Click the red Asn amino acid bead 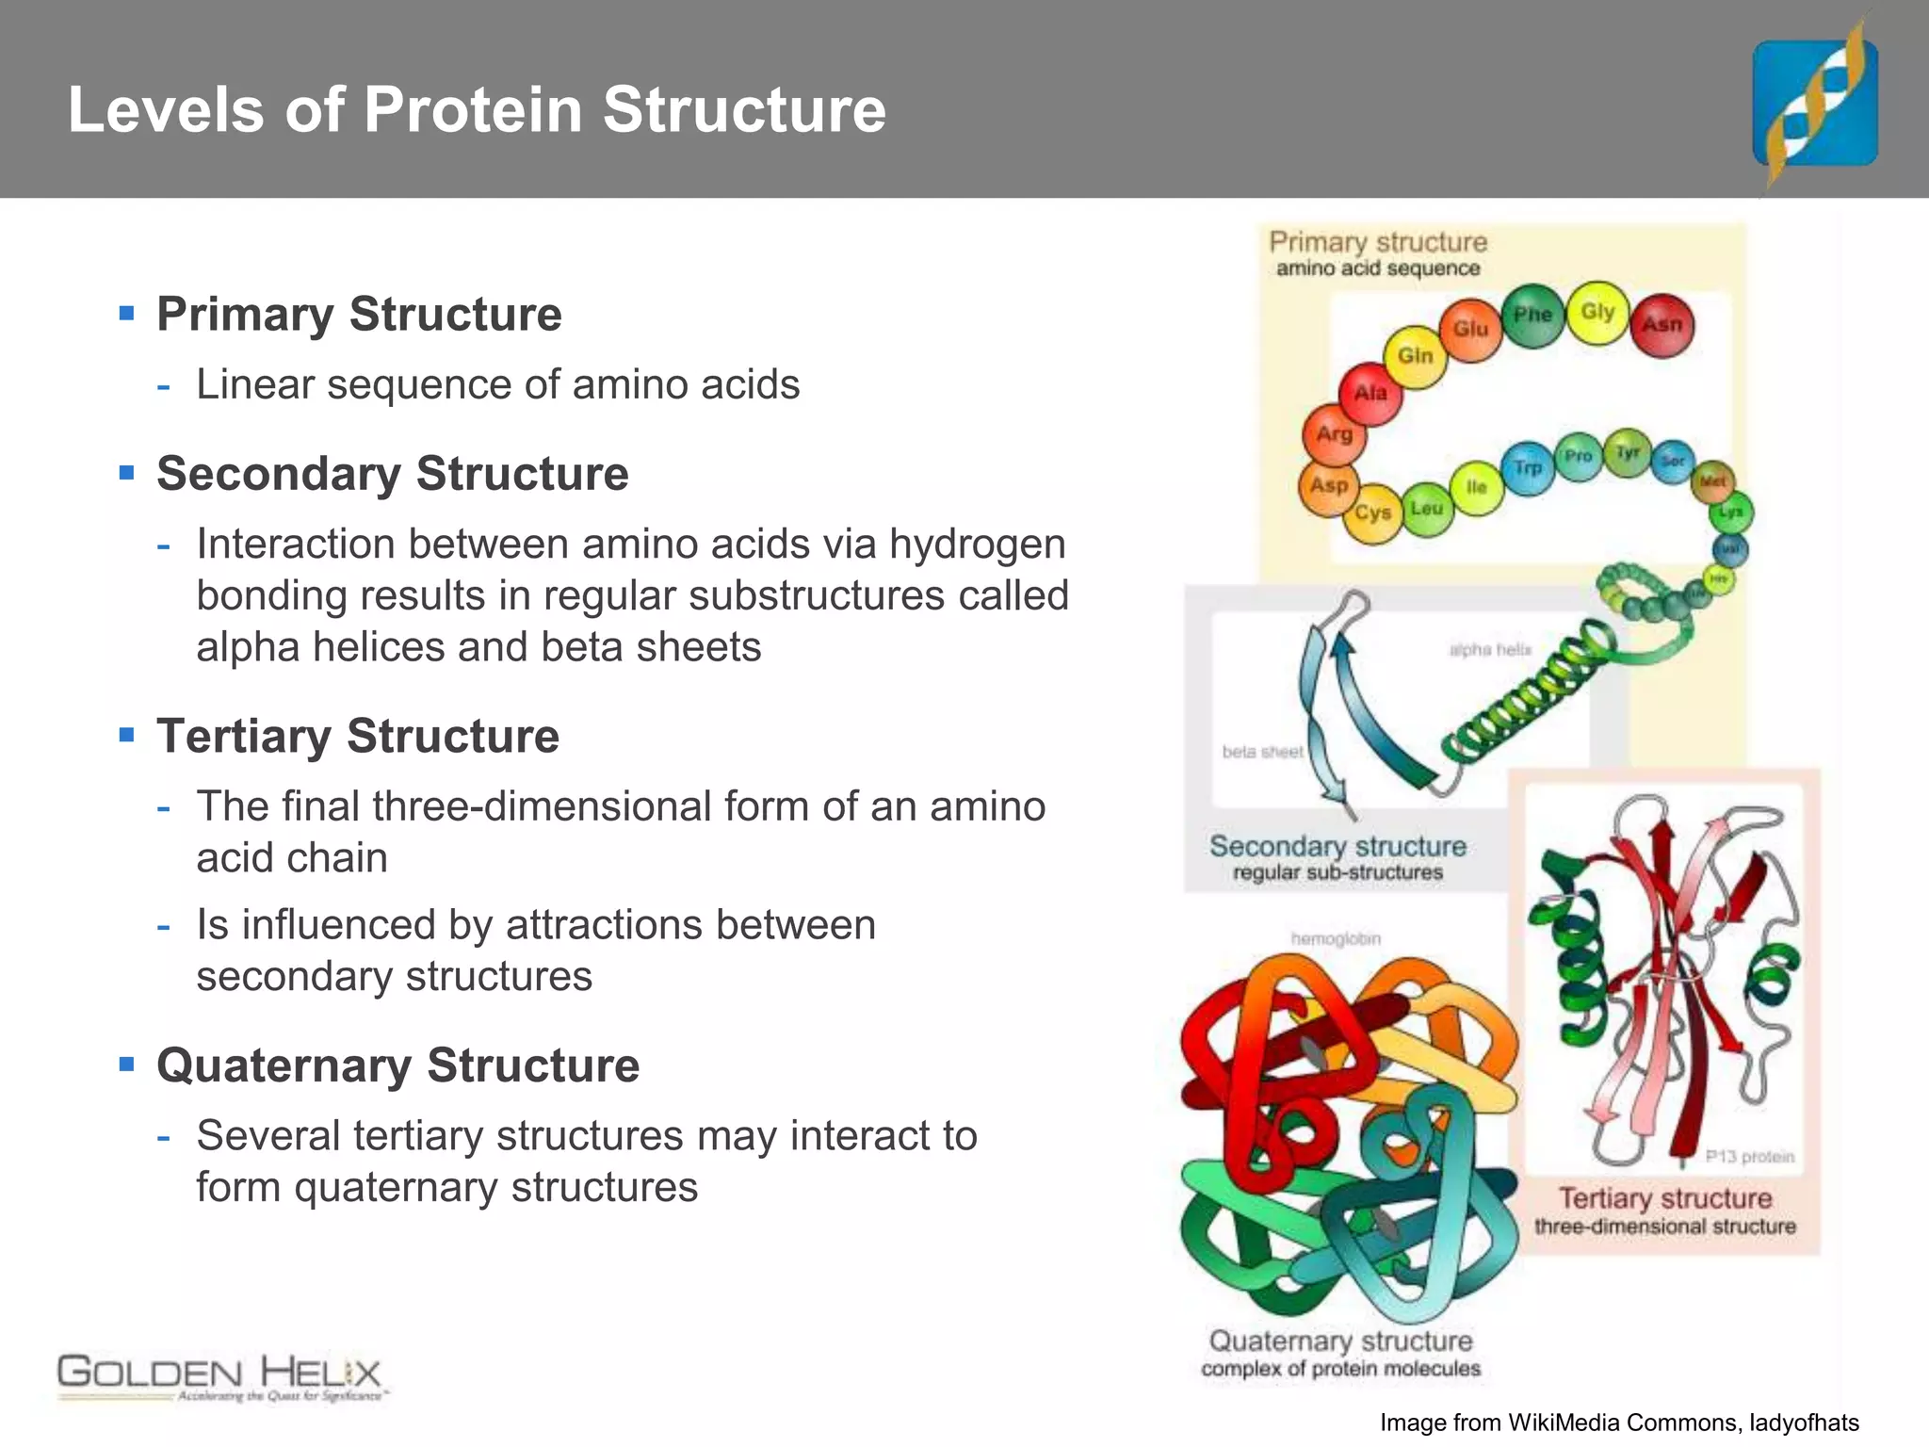coord(1662,325)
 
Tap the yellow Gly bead coord(1597,312)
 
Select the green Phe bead coord(1532,315)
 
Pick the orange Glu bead coord(1470,329)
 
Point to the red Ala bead coord(1370,393)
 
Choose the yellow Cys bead coord(1372,512)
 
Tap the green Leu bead coord(1426,509)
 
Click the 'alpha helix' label coord(1489,650)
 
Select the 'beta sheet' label coord(1262,752)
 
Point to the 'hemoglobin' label coord(1336,939)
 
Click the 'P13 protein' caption coord(1749,1157)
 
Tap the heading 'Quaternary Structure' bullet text coord(397,1065)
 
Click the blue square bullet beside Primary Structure coord(127,313)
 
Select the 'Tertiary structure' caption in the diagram coord(1664,1198)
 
